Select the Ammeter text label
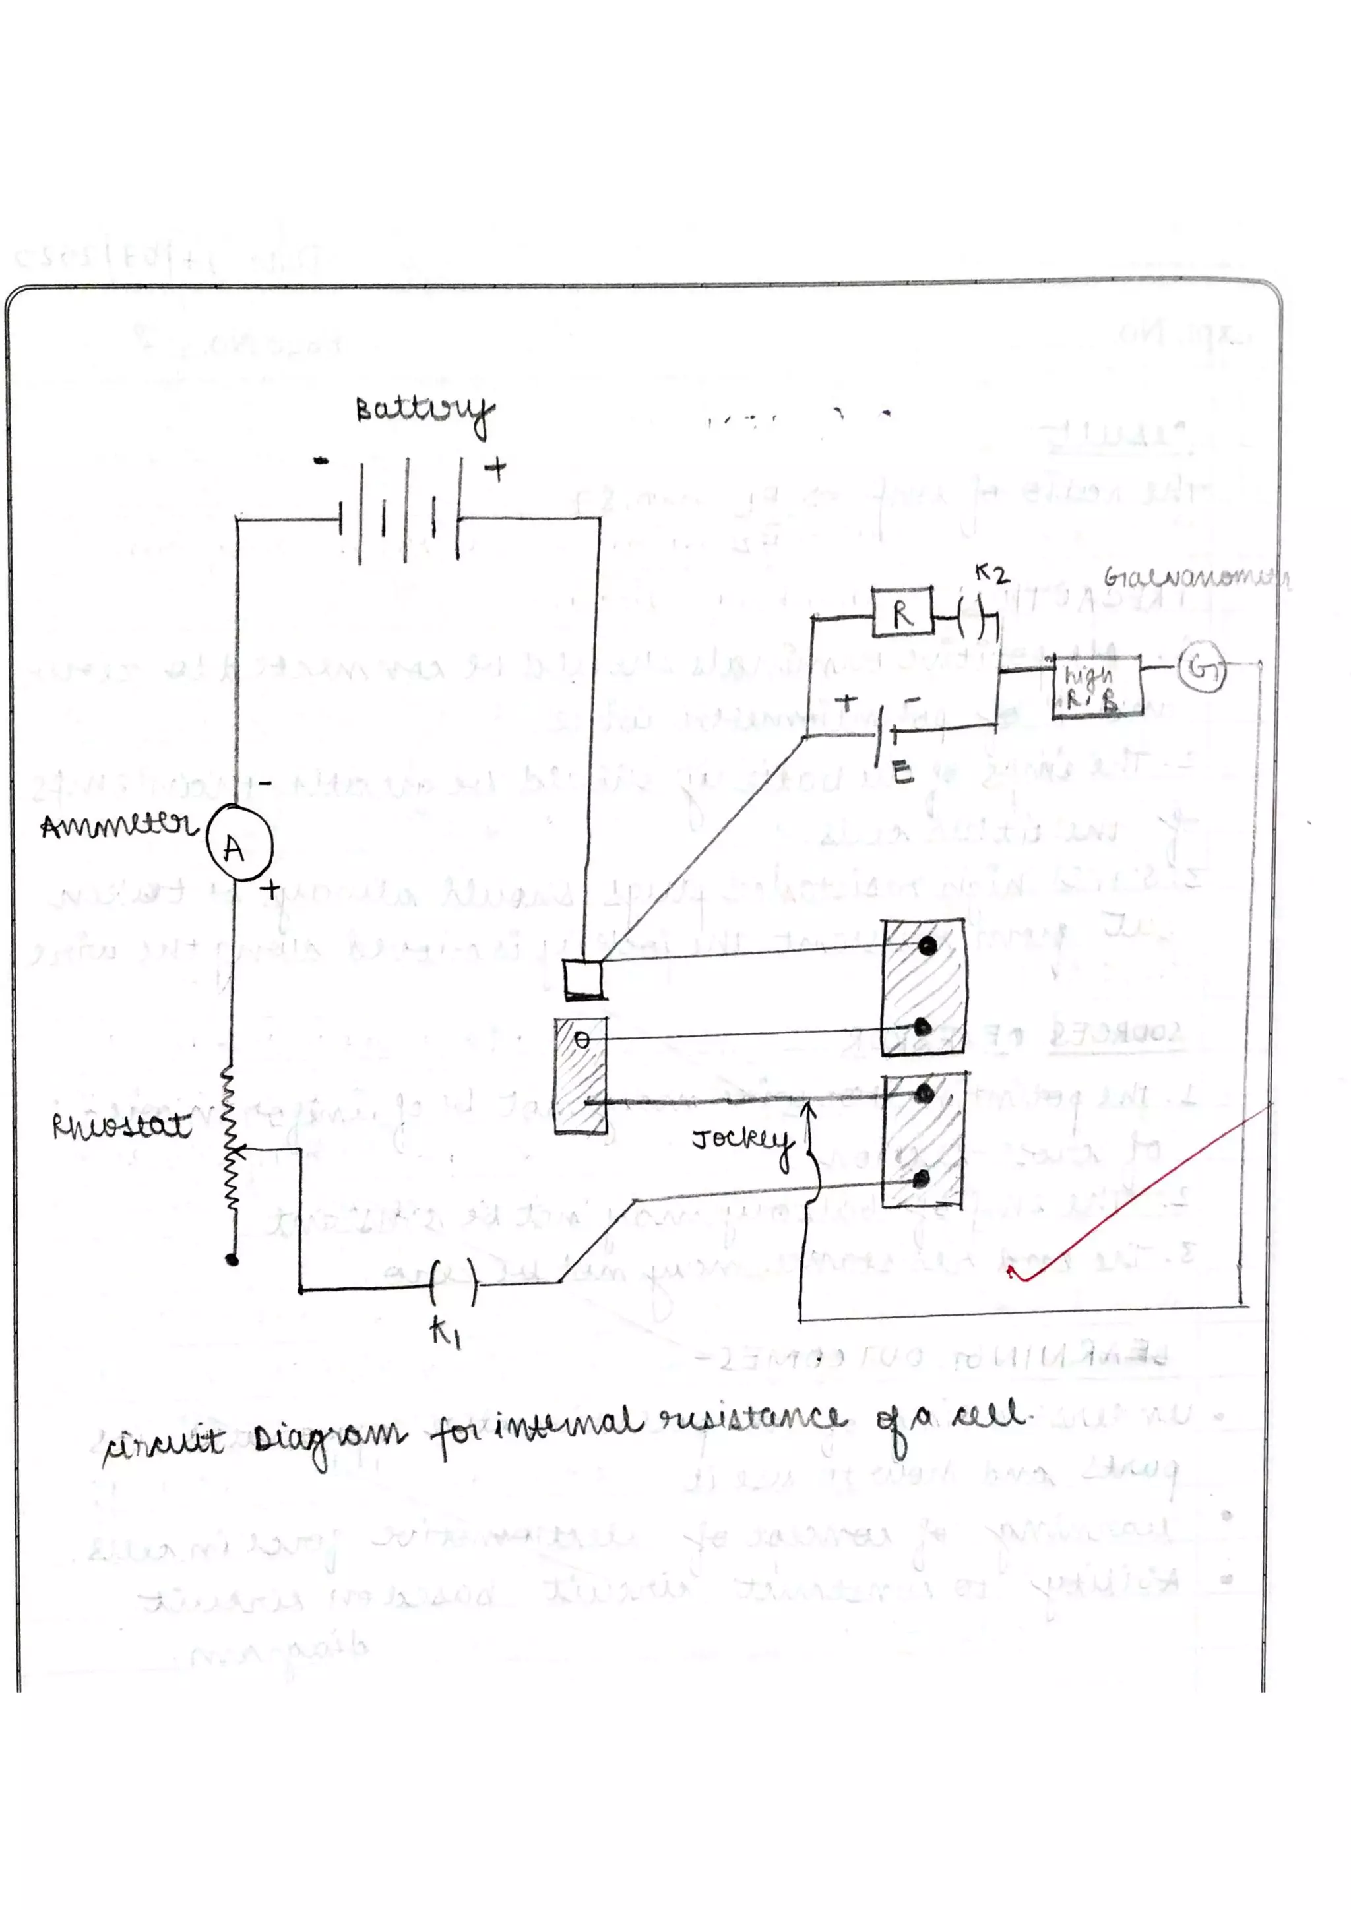pyautogui.click(x=118, y=826)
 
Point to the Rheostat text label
pyautogui.click(x=121, y=1126)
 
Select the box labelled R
pyautogui.click(x=902, y=613)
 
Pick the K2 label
pyautogui.click(x=991, y=573)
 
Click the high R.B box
pyautogui.click(x=1096, y=689)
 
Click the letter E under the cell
pyautogui.click(x=902, y=774)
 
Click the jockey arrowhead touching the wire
pyautogui.click(x=809, y=1107)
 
